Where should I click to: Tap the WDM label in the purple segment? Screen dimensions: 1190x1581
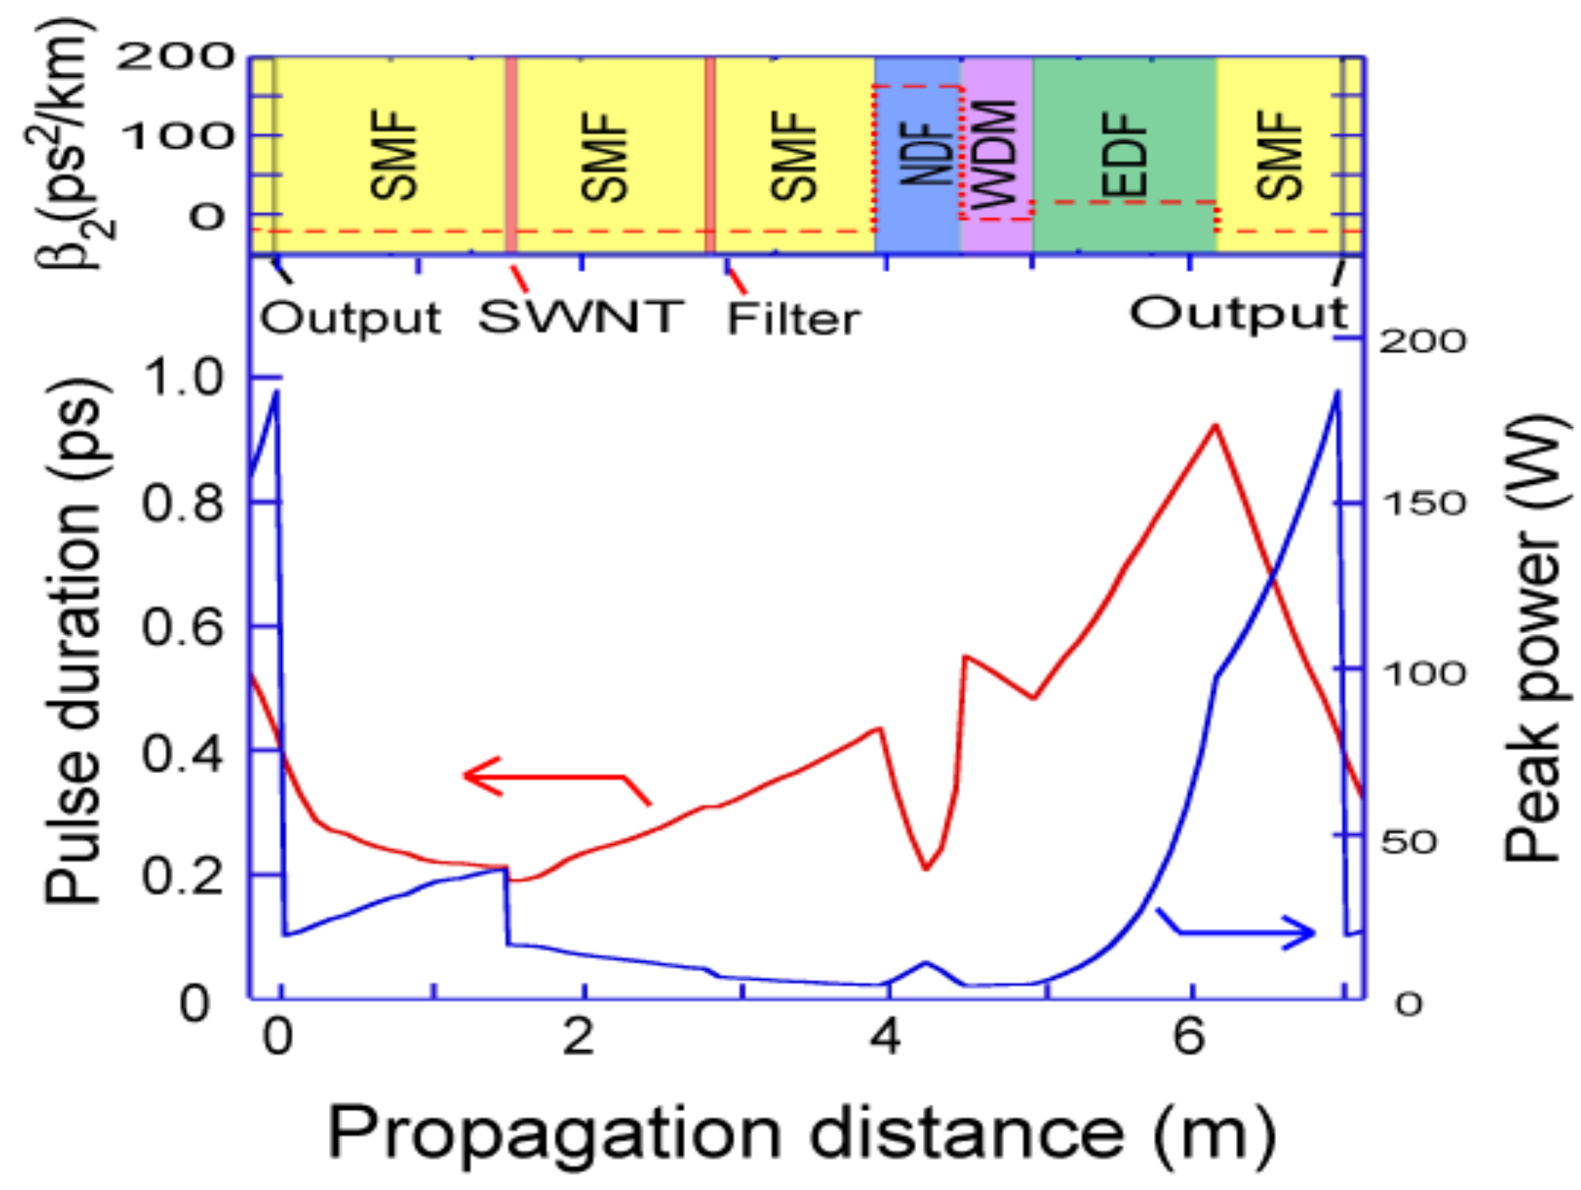pos(996,154)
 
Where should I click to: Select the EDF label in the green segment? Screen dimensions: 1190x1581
pos(1125,156)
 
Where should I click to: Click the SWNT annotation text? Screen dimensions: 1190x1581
pos(580,317)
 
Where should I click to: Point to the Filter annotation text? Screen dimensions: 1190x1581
pos(793,319)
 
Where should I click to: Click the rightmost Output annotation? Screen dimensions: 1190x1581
pos(1239,314)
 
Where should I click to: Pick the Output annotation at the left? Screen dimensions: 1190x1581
pos(351,318)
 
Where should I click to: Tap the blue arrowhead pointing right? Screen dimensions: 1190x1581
pos(1308,932)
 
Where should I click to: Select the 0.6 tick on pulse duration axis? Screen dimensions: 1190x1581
pos(182,626)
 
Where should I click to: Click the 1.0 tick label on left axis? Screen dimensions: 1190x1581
pos(183,377)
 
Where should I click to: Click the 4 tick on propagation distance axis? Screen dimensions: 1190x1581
pos(885,1037)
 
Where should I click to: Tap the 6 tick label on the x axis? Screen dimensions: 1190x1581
pos(1188,1037)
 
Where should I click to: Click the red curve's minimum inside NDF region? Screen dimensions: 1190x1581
pos(926,869)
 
